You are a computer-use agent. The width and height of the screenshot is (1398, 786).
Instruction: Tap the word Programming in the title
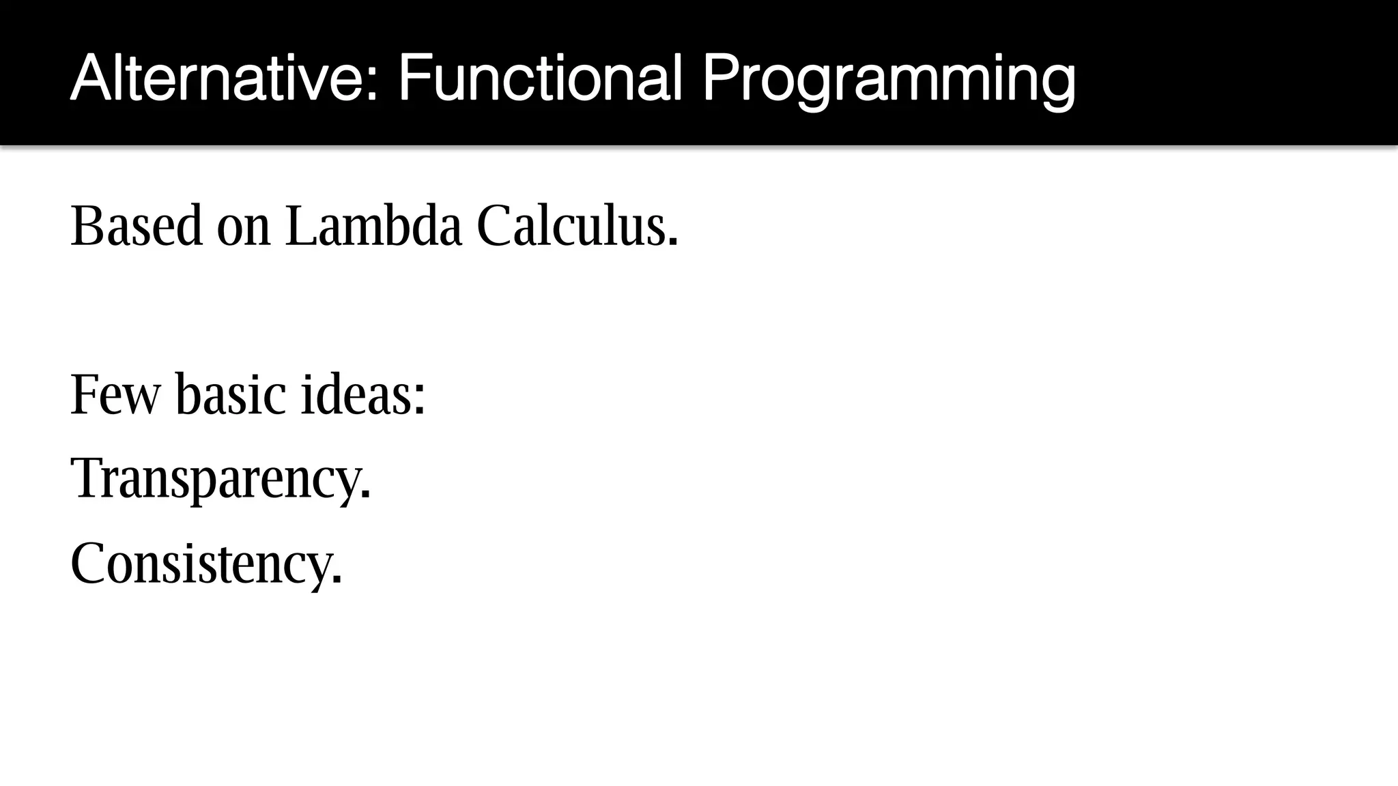(888, 81)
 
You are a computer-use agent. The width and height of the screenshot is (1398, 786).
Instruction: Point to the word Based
(137, 226)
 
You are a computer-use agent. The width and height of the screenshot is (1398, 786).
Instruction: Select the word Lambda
(373, 226)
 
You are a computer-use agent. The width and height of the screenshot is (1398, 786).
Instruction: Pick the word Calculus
(571, 226)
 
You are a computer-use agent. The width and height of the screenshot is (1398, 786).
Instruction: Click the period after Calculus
(673, 242)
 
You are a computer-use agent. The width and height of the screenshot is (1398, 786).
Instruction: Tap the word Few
(115, 395)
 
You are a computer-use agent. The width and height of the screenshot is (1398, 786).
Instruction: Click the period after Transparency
(366, 495)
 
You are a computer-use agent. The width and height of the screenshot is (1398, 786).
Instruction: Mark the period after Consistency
(336, 580)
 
